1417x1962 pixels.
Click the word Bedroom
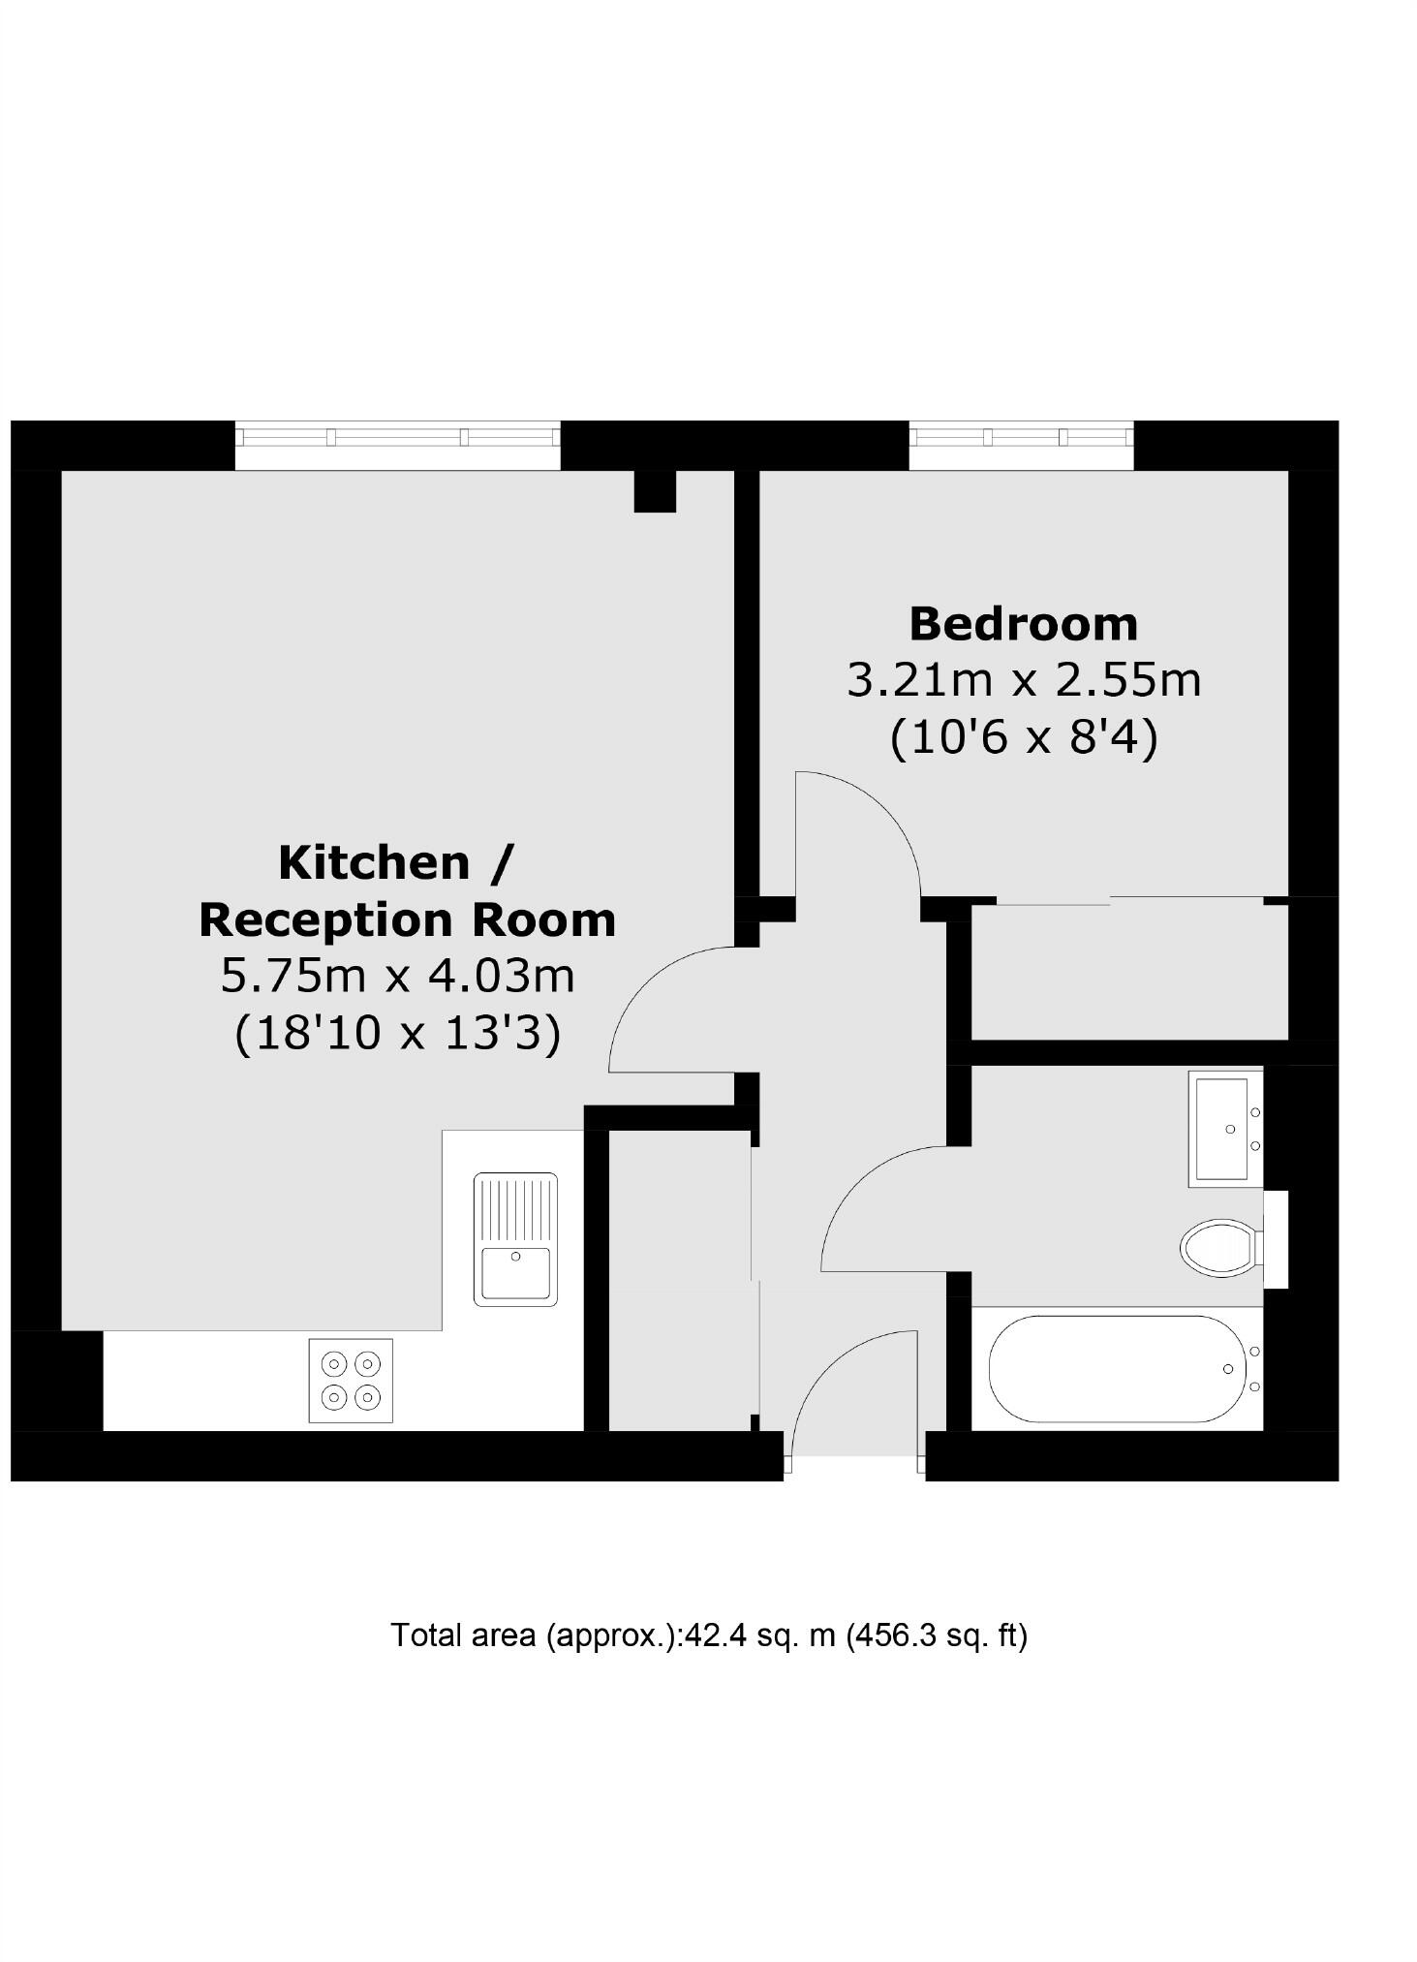[1023, 624]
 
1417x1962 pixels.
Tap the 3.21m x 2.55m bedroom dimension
[1024, 680]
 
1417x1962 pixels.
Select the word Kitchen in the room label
[375, 862]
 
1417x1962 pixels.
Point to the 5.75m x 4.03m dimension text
[398, 976]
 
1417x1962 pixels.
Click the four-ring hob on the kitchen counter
[351, 1381]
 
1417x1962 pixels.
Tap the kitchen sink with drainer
[515, 1238]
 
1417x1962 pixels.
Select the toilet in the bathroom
[1219, 1248]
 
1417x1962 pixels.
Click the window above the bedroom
[1021, 437]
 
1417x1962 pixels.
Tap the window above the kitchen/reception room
[397, 437]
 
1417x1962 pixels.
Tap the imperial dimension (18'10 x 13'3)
[398, 1033]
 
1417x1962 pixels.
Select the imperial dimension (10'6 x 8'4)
[1024, 738]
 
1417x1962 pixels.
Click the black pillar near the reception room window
[655, 490]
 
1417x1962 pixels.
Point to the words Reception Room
[408, 919]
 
